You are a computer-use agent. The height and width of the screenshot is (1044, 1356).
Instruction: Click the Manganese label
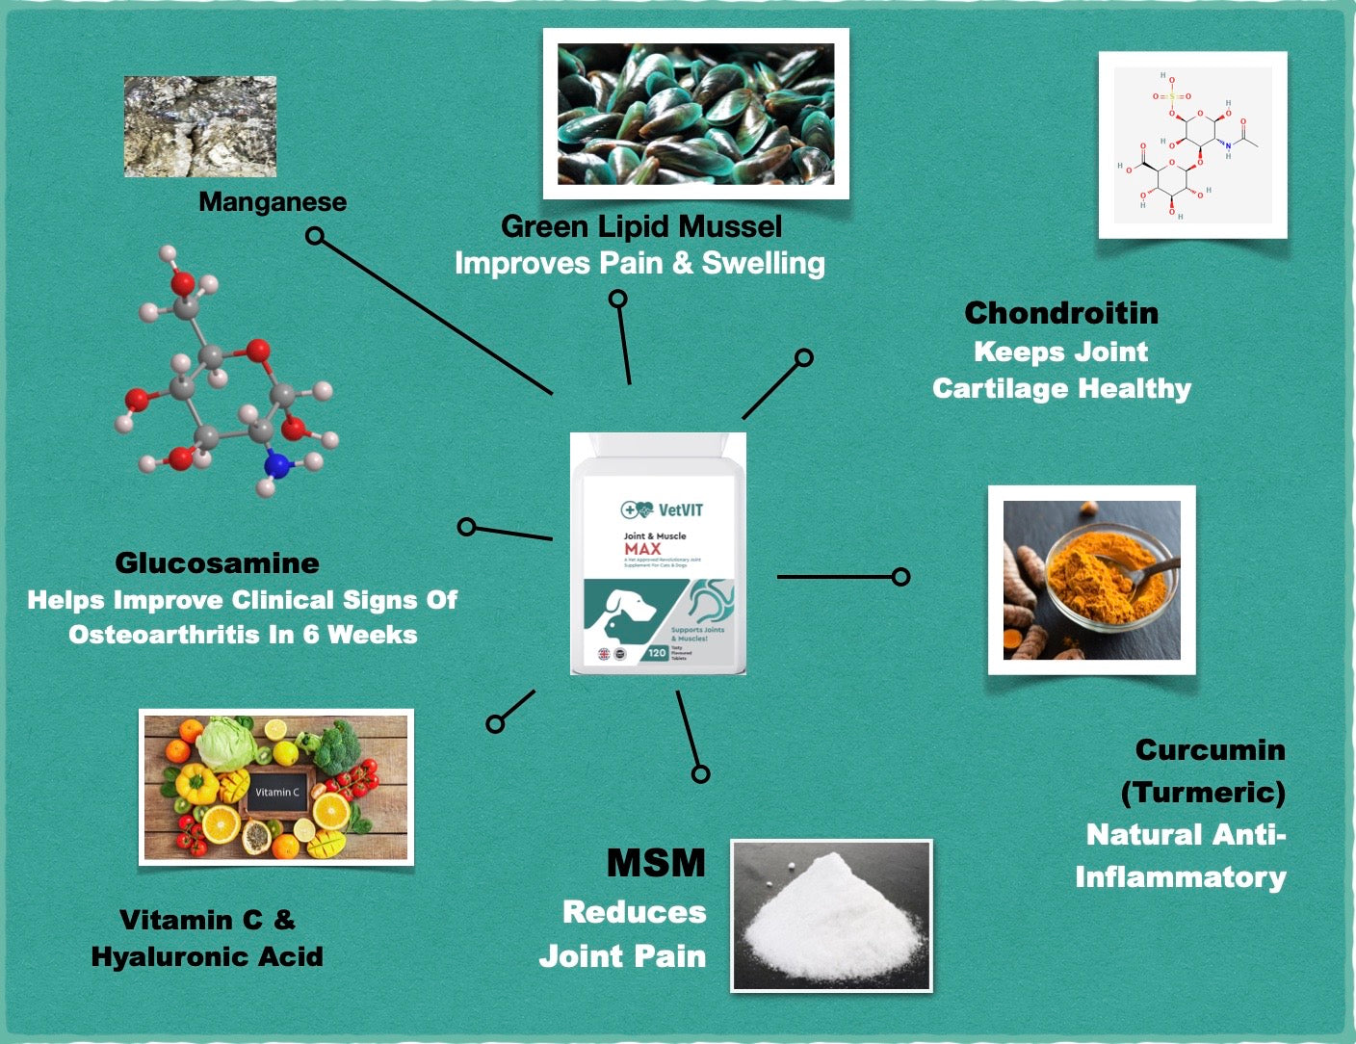273,202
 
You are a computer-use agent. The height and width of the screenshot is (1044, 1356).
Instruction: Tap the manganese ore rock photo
200,126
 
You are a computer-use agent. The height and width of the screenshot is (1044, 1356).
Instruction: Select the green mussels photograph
695,114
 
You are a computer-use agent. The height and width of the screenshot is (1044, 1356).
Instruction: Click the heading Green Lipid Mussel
641,226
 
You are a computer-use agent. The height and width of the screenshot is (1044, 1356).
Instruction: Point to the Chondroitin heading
1061,313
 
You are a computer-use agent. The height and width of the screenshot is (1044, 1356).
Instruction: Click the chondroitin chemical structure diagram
1192,144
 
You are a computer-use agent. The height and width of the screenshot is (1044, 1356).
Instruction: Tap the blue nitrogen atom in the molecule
277,465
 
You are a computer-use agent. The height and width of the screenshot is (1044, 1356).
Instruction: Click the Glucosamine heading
217,563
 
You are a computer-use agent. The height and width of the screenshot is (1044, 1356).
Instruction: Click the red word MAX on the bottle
642,549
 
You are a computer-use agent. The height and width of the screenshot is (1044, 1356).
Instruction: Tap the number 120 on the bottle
657,653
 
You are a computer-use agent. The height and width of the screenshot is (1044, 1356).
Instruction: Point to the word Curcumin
1210,750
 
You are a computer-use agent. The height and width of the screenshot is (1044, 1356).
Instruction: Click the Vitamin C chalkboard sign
277,792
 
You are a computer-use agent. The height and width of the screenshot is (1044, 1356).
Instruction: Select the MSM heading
656,863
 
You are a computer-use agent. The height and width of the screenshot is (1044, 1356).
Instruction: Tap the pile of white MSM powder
830,920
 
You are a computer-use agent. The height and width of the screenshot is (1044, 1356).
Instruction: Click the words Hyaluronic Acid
207,956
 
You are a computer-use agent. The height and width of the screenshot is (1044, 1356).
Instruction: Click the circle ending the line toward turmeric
900,577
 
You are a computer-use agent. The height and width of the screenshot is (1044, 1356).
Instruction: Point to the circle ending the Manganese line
315,236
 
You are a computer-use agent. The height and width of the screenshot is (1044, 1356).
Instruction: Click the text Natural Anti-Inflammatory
1182,856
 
